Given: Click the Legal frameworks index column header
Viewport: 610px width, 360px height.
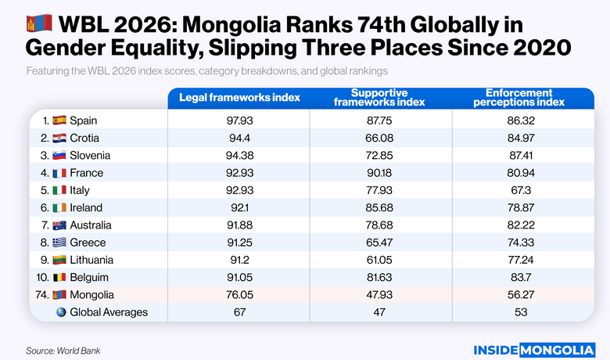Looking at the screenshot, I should (239, 98).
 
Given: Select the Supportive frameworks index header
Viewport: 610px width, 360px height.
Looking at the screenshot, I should (379, 98).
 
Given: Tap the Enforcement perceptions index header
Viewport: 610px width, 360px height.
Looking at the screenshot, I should (515, 98).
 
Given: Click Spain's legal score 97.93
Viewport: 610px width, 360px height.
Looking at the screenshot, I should (239, 121).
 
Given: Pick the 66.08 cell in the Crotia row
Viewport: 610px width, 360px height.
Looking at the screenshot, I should (379, 138).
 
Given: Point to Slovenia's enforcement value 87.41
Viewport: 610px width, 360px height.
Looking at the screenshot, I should (515, 155).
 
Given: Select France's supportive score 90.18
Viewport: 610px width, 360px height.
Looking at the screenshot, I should (379, 173).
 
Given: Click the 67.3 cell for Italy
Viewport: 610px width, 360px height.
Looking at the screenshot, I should (515, 190).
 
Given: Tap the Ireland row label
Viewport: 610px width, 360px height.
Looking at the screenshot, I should (86, 208).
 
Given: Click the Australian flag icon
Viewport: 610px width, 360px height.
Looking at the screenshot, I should (59, 225).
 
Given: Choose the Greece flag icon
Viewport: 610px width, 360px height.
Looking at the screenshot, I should (59, 243).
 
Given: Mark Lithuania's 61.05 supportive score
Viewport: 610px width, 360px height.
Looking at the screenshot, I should (379, 260).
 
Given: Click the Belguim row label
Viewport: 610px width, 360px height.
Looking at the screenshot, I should (89, 278).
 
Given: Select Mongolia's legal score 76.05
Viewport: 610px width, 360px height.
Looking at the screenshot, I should (239, 295).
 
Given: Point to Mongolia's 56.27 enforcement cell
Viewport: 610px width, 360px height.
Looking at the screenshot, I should (515, 295).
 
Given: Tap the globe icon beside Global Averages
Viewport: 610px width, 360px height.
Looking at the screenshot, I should (60, 312).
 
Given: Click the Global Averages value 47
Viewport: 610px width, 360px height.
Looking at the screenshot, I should (379, 312).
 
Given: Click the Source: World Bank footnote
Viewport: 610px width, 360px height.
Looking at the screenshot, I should (63, 351).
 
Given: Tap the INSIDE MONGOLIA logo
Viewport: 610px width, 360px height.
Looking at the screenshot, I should (534, 349).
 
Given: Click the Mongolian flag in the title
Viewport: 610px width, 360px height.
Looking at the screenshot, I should (39, 23).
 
